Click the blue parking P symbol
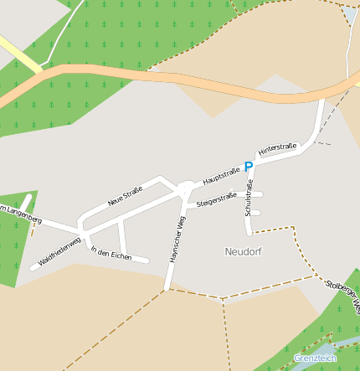pyautogui.click(x=248, y=167)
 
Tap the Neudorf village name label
pyautogui.click(x=244, y=251)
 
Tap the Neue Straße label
pyautogui.click(x=125, y=197)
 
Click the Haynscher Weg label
pyautogui.click(x=176, y=240)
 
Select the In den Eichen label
pyautogui.click(x=111, y=253)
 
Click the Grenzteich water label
pyautogui.click(x=315, y=358)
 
